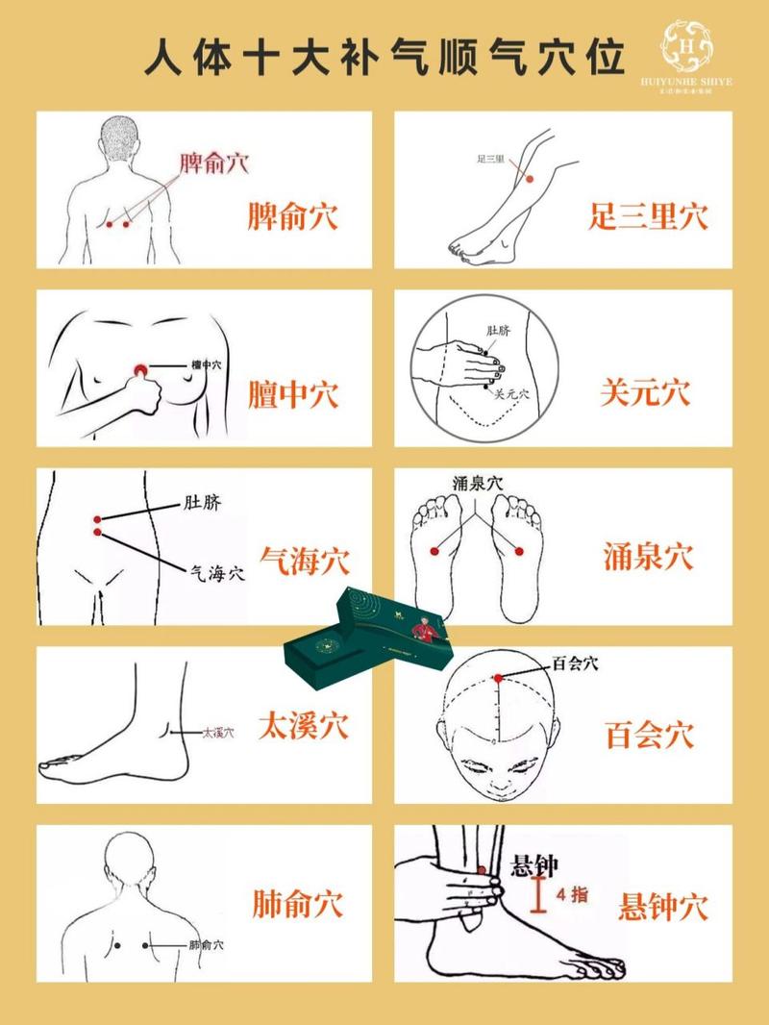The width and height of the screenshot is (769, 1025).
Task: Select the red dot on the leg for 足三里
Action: (x=528, y=177)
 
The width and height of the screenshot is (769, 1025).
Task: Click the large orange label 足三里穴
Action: (x=648, y=215)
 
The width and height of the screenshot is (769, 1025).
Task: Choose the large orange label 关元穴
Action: (x=645, y=392)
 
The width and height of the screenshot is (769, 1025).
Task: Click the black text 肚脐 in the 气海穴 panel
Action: (x=202, y=503)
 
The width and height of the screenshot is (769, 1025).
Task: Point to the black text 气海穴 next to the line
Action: (x=216, y=573)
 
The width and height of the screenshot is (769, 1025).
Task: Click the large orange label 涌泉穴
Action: (x=649, y=556)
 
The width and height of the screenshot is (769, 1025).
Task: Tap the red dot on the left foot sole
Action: (x=434, y=550)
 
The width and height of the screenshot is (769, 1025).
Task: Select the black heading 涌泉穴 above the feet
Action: (x=478, y=482)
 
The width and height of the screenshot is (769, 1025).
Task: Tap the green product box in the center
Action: (x=365, y=639)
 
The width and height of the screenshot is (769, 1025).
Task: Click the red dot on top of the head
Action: (x=498, y=678)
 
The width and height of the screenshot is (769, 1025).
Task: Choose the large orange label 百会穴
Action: (x=649, y=736)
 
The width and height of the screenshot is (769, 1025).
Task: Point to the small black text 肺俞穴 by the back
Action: (x=206, y=945)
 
